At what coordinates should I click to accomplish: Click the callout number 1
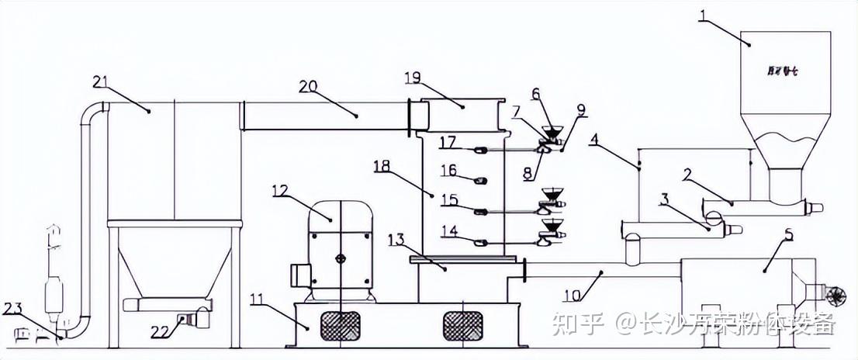click(x=702, y=16)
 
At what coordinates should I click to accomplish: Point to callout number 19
click(x=413, y=78)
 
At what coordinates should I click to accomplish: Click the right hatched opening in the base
click(x=464, y=324)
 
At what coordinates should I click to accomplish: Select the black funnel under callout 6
click(x=552, y=131)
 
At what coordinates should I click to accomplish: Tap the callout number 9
click(x=581, y=109)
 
